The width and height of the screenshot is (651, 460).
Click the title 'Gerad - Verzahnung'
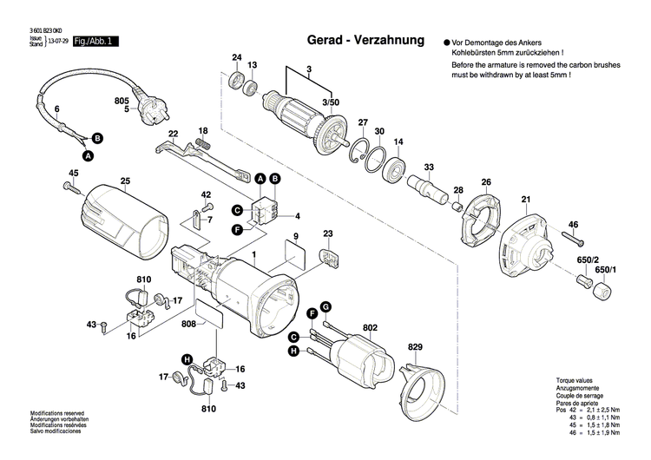(365, 41)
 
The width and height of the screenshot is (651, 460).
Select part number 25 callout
(125, 181)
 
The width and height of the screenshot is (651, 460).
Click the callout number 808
(187, 324)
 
